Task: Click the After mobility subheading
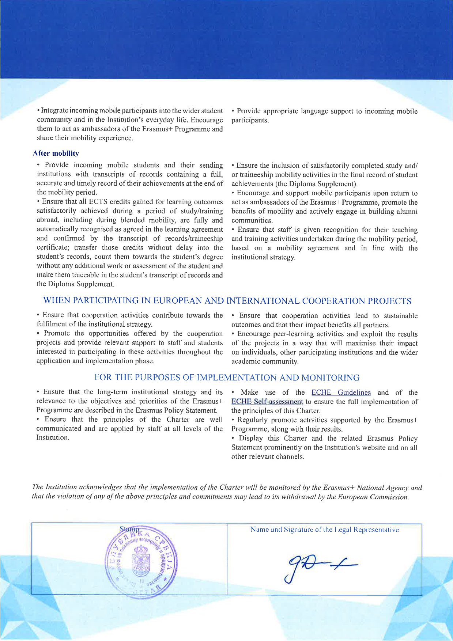pos(56,153)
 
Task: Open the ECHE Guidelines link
pos(341,392)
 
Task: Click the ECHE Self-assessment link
pos(267,402)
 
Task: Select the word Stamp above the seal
pos(129,529)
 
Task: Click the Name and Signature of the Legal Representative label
pos(324,530)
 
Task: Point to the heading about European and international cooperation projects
pos(227,301)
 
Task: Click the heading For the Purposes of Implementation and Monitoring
pos(227,378)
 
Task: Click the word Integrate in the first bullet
pos(54,110)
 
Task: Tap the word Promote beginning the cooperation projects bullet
pos(57,333)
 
